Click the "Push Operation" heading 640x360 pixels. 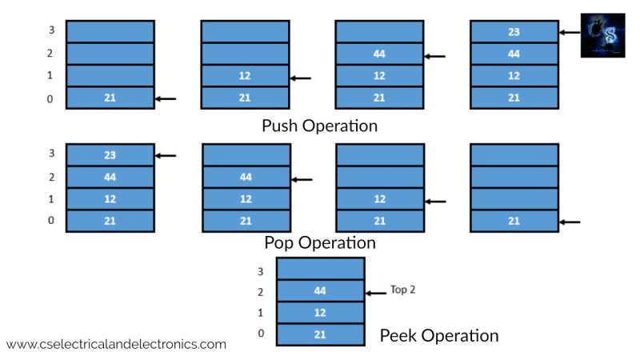click(x=319, y=126)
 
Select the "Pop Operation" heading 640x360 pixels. click(x=319, y=242)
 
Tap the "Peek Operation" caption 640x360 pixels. click(x=438, y=335)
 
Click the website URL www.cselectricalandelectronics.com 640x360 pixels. click(x=116, y=344)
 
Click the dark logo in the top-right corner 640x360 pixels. click(x=602, y=35)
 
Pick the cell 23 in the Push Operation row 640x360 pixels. click(x=514, y=33)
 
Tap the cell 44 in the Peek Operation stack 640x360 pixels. click(x=320, y=292)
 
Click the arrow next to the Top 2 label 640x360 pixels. click(x=377, y=293)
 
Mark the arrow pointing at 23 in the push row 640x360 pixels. click(x=569, y=33)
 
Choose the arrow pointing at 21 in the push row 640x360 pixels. click(x=165, y=98)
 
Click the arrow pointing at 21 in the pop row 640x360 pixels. click(x=569, y=222)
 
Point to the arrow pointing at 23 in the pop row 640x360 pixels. click(x=165, y=156)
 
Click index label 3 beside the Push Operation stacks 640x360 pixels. click(x=50, y=33)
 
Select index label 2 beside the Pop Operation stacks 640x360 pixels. click(x=50, y=178)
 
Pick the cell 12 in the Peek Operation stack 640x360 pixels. click(x=320, y=313)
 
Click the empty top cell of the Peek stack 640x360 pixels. click(x=320, y=270)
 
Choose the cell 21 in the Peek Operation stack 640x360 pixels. click(x=320, y=334)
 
